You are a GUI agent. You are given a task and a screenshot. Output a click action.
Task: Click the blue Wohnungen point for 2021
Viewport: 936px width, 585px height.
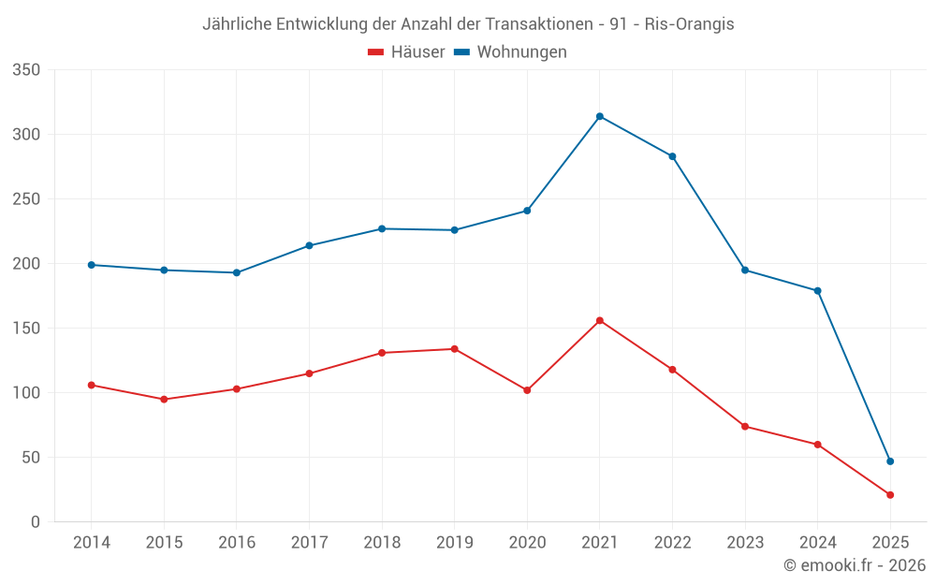pos(600,116)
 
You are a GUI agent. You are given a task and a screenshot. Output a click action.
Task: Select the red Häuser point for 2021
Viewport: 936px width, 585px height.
pos(600,320)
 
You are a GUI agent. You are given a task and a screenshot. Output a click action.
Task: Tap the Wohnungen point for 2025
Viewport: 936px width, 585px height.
pos(890,461)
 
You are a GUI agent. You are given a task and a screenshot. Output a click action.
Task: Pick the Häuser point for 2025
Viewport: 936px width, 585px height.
pos(890,495)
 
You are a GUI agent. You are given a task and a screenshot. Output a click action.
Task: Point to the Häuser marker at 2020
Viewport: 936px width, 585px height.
pos(527,390)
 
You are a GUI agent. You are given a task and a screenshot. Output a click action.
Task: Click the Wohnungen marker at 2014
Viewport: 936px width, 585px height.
pos(92,265)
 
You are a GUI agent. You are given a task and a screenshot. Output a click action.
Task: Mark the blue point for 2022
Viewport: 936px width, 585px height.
pos(672,156)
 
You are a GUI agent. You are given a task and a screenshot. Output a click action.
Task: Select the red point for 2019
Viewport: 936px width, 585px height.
pos(455,349)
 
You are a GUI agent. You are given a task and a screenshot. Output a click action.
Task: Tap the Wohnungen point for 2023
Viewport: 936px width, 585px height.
pos(745,271)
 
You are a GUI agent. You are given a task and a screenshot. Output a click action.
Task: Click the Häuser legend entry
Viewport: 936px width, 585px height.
pos(406,52)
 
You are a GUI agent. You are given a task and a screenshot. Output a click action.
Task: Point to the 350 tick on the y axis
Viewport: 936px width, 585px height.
pos(27,70)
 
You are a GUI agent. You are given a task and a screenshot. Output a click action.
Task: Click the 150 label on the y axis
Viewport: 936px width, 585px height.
pos(27,329)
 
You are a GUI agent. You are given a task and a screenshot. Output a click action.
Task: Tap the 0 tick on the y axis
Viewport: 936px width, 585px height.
pos(35,522)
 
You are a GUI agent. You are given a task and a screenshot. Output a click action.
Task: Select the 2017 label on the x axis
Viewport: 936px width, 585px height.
pos(309,543)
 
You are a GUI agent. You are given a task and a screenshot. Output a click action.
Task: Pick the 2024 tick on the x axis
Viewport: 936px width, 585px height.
pos(817,543)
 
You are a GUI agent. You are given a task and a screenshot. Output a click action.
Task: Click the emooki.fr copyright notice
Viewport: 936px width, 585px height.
pos(855,565)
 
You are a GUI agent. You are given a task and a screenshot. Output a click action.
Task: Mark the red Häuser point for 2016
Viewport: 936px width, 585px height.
pos(237,388)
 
